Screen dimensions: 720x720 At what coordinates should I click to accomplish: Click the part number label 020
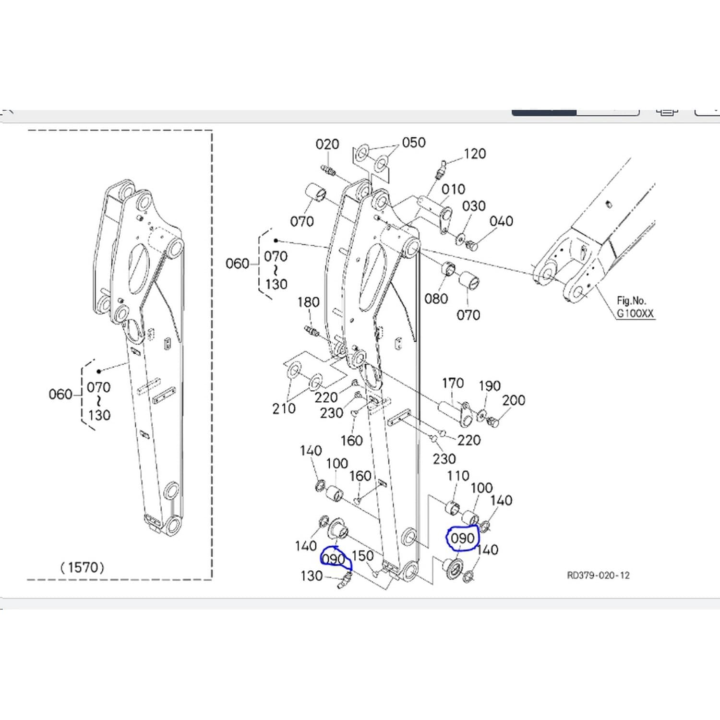point(327,144)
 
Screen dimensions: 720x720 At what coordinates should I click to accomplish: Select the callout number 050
point(414,143)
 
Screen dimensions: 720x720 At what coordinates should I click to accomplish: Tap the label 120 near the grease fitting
point(475,154)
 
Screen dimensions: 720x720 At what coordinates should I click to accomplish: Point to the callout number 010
point(453,189)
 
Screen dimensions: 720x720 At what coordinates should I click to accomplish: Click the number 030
point(474,206)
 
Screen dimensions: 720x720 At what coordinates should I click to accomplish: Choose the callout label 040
point(501,221)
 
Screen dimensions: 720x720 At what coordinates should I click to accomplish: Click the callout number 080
point(436,299)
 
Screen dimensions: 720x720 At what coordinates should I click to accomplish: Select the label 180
point(308,302)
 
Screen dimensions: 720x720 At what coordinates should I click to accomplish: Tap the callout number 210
point(284,408)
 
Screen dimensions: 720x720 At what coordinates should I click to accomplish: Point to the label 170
point(453,383)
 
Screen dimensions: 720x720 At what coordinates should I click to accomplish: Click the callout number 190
point(490,386)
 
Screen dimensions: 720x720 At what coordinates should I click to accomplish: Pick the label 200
point(514,400)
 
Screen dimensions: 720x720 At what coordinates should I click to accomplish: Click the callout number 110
point(458,476)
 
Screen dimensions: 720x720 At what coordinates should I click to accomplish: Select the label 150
point(362,556)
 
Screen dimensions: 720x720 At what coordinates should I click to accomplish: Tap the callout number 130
point(311,576)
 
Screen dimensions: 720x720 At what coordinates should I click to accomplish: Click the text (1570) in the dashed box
point(82,568)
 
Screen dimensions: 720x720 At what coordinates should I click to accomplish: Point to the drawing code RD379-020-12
point(598,576)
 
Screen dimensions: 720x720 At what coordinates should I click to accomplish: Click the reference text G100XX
point(635,313)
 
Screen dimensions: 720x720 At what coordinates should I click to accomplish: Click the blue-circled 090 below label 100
point(463,539)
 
